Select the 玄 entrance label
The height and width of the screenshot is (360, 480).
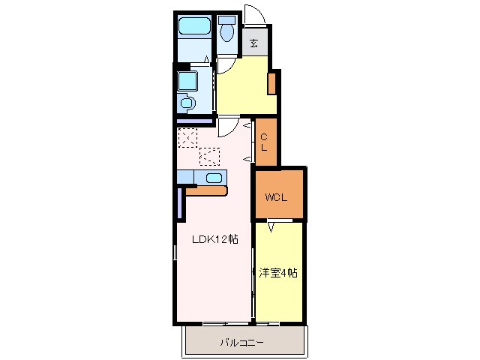(255, 43)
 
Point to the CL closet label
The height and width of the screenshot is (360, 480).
(265, 142)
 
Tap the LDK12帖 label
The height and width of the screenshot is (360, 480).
(214, 239)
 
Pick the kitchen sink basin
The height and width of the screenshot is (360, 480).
(214, 178)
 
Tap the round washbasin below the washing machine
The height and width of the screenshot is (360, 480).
(187, 103)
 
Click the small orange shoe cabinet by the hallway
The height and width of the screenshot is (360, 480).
(273, 82)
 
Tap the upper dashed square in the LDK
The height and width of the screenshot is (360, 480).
(187, 137)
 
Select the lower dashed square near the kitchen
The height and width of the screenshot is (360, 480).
(209, 156)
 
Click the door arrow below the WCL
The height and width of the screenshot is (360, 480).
(271, 223)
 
